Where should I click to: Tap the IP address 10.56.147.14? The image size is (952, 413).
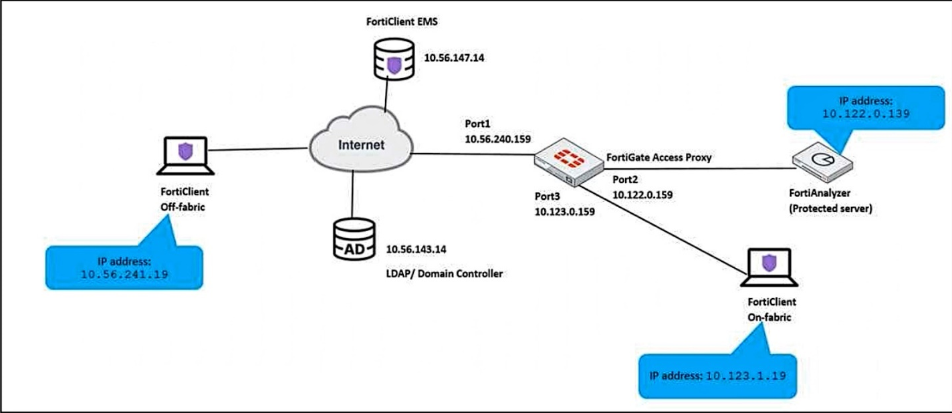(x=454, y=58)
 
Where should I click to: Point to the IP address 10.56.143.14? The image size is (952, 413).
(x=416, y=249)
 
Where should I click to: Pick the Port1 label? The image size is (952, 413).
(x=477, y=124)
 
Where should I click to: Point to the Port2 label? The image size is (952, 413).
(x=627, y=180)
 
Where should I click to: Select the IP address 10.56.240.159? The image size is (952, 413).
(x=497, y=140)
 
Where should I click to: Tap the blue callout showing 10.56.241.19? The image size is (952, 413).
(x=124, y=267)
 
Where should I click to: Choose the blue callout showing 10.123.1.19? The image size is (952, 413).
(x=716, y=375)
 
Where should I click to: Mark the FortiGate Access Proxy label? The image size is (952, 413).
(x=658, y=158)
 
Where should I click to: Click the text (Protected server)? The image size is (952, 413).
(x=832, y=209)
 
